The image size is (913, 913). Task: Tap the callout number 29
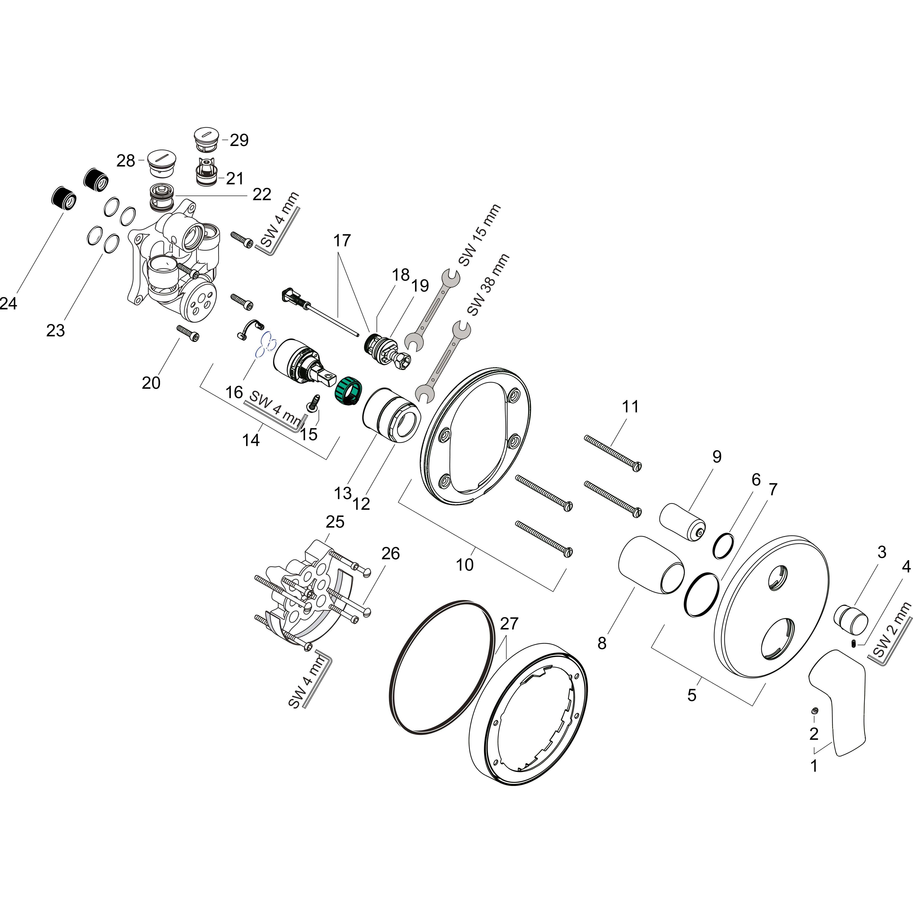point(239,140)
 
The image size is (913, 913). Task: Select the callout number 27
point(509,624)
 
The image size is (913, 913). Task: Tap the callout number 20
point(151,383)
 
